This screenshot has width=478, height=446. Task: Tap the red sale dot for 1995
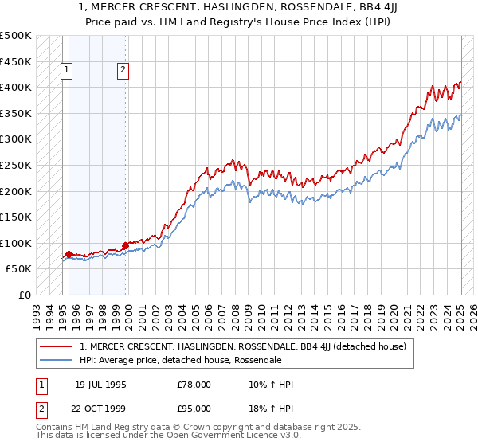[x=69, y=254]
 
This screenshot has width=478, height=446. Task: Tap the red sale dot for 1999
[x=125, y=245]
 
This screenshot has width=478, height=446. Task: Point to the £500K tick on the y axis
[x=17, y=36]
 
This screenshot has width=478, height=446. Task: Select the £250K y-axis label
[x=17, y=165]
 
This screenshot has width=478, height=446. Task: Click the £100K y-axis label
[x=17, y=243]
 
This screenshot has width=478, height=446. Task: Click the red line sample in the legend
[x=57, y=346]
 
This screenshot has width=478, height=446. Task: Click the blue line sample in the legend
[x=57, y=360]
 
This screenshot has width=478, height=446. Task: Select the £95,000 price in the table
[x=194, y=409]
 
